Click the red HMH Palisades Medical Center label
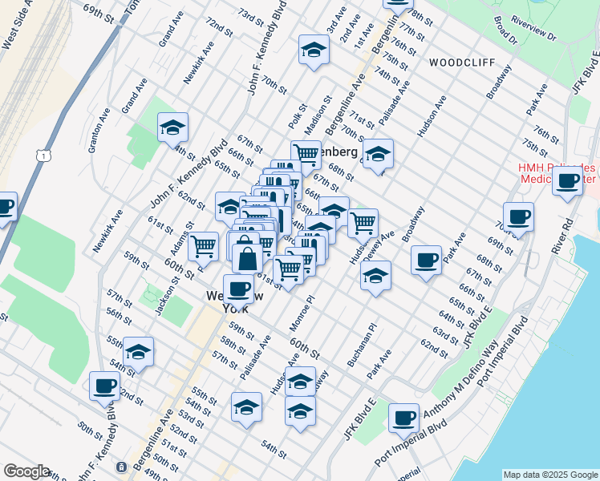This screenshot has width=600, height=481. (556, 173)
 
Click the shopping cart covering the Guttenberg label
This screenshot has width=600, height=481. (306, 153)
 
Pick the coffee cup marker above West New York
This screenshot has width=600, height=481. (237, 288)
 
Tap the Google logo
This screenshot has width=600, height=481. (26, 471)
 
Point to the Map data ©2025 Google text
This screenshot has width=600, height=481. (549, 475)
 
